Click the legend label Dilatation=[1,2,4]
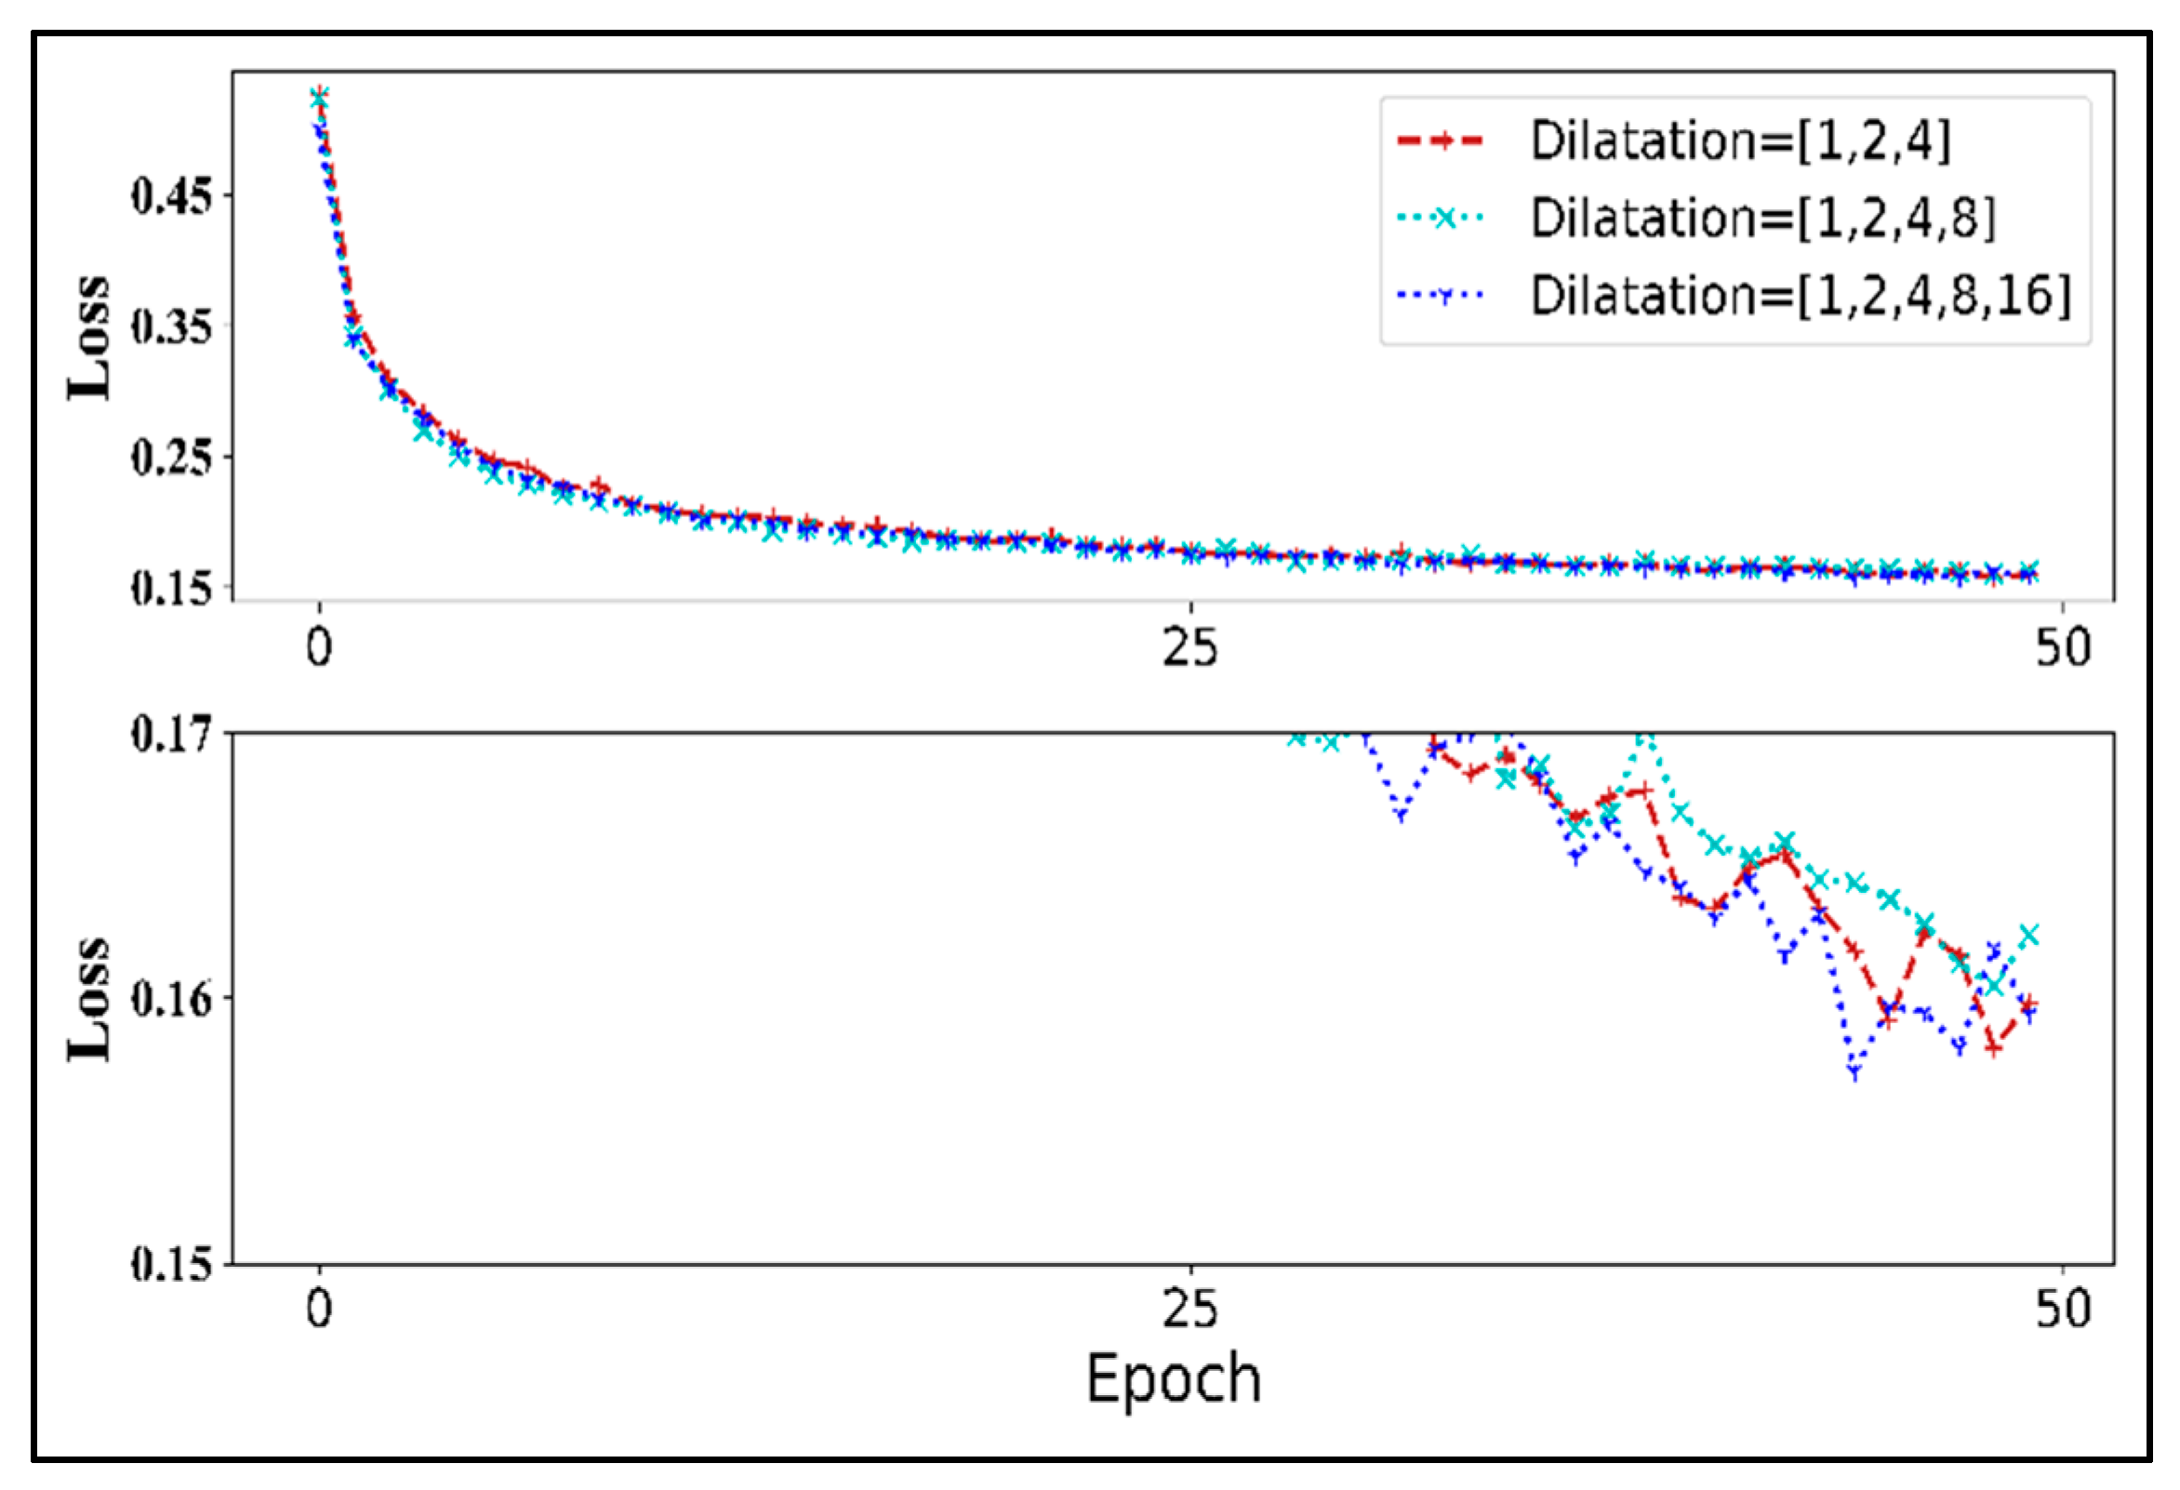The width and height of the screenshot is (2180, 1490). (x=1740, y=141)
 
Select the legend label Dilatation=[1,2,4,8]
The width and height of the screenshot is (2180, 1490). (x=1763, y=219)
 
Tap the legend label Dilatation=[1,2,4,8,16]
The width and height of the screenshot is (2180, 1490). (x=1801, y=296)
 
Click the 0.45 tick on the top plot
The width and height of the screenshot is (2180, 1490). (x=171, y=196)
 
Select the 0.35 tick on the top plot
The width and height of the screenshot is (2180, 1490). (x=171, y=326)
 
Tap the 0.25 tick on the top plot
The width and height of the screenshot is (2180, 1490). (x=171, y=457)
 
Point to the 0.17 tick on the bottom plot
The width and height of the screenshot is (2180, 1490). (x=171, y=733)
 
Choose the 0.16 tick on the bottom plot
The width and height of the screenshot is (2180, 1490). (x=171, y=998)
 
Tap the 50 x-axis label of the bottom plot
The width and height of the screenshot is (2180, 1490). (x=2063, y=1308)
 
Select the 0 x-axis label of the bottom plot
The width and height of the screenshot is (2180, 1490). (x=320, y=1308)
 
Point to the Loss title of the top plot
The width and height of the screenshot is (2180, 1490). (x=89, y=338)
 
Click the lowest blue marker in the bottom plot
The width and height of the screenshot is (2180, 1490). (x=1854, y=1071)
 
